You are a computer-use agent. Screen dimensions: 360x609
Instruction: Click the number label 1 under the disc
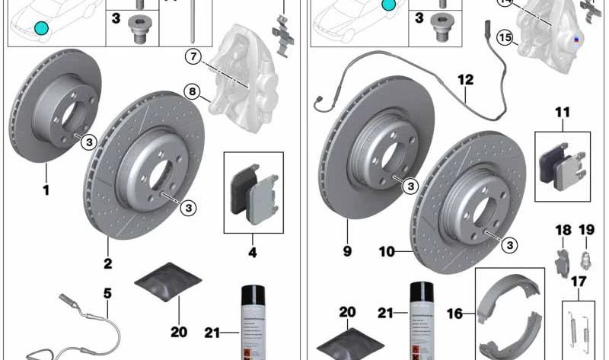pos(46,189)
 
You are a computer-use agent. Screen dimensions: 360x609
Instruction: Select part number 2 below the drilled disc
pos(107,264)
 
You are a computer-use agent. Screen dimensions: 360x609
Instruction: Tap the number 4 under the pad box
pos(253,250)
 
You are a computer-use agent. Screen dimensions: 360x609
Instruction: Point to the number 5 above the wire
pos(107,292)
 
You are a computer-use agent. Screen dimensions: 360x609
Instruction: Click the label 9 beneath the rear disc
pos(347,249)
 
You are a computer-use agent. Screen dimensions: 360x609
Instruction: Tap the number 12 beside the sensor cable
pos(465,79)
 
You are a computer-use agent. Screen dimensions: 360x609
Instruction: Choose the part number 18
pos(563,230)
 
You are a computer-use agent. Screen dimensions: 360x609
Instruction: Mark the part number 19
pos(586,230)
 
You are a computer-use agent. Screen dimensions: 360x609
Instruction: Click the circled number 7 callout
pos(194,56)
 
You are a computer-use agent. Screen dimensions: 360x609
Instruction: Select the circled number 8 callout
pos(193,93)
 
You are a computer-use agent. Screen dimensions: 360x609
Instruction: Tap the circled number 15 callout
pos(504,36)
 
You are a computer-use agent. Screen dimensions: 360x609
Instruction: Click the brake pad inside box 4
pos(250,194)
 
